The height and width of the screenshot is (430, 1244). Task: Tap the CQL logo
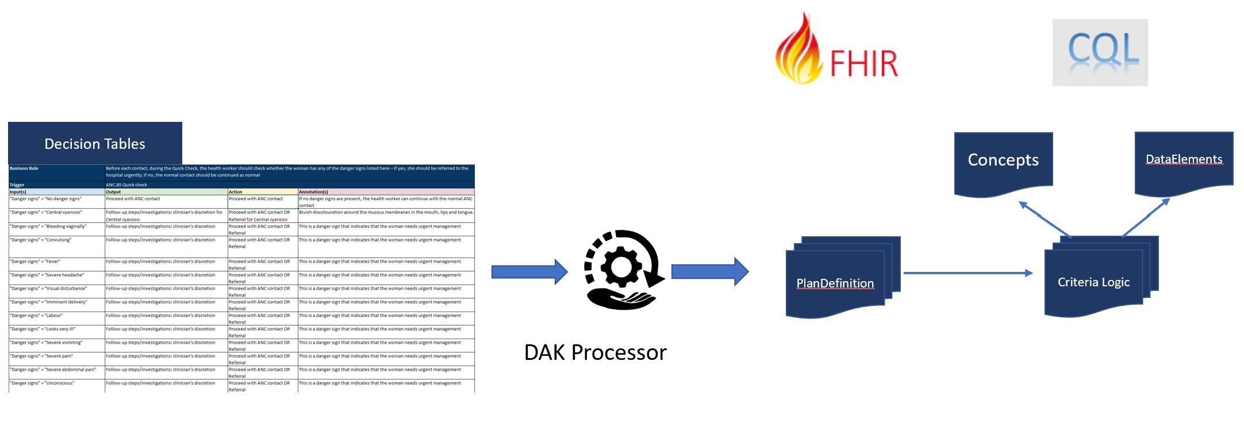(1100, 52)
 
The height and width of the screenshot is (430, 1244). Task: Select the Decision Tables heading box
(95, 143)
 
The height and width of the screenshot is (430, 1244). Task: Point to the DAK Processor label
(595, 352)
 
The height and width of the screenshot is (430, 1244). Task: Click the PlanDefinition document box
(835, 283)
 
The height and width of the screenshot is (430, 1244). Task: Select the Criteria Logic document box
(1093, 282)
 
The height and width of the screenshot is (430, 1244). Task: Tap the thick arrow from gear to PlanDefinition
(709, 272)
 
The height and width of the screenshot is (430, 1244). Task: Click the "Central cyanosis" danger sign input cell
(56, 213)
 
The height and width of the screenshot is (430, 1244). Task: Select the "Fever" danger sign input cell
(56, 262)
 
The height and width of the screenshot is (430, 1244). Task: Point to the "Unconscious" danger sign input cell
(56, 383)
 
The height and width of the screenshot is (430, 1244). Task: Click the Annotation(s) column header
(386, 191)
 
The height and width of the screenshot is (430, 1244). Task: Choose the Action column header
(262, 191)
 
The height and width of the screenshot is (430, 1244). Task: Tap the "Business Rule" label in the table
(24, 168)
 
